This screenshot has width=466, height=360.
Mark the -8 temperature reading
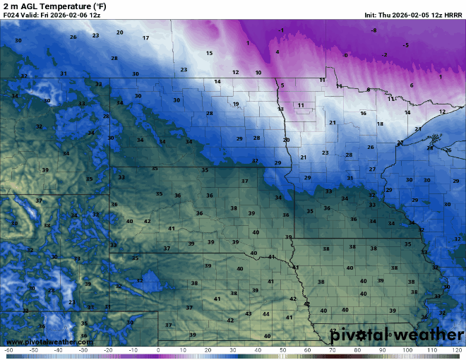374,30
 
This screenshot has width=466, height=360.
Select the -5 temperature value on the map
405,45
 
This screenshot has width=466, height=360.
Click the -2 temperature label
383,54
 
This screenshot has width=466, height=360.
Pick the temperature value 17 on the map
145,38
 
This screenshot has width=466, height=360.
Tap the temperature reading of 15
209,53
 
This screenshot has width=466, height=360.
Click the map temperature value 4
277,52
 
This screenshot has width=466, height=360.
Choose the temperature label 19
236,104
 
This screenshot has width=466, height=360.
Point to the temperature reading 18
380,124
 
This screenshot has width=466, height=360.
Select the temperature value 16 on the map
363,113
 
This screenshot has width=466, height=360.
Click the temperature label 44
265,313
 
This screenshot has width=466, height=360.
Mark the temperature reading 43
248,313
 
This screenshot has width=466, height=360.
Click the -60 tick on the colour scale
8,350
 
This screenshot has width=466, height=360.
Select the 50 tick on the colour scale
282,350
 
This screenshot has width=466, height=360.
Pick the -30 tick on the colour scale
83,350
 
